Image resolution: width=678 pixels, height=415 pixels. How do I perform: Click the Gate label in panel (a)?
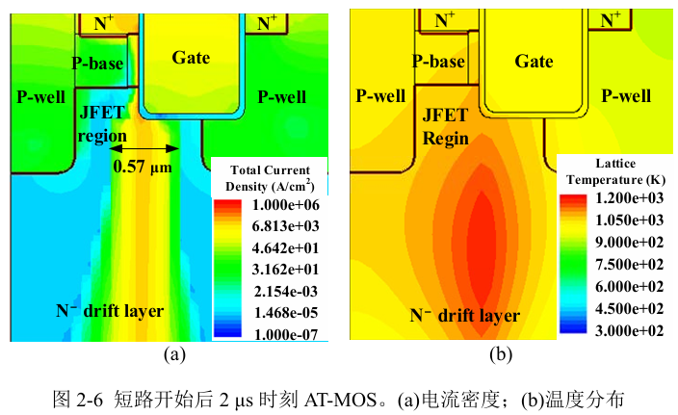tap(191, 58)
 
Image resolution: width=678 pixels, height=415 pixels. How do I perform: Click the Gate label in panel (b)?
tap(534, 61)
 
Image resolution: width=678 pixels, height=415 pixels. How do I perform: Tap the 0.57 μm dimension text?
tap(143, 167)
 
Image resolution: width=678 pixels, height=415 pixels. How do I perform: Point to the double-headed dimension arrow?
tap(144, 148)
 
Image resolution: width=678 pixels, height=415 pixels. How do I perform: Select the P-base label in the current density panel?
tap(97, 64)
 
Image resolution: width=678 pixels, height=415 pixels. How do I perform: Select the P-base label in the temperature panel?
tap(438, 61)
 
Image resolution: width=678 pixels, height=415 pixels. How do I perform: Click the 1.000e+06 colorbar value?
tap(286, 204)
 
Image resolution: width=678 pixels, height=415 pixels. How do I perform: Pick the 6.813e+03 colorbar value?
tap(286, 226)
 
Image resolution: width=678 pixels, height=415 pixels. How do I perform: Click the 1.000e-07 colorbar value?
tap(286, 334)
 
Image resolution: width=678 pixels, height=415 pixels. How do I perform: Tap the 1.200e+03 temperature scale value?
tap(629, 198)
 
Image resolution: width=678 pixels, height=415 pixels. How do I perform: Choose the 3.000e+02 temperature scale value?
tap(629, 330)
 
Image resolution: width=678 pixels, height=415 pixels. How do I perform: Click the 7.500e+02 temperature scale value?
tap(629, 264)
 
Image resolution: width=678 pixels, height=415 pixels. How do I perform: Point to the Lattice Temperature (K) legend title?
tap(615, 171)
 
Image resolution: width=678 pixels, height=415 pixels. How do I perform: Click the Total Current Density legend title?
tap(270, 178)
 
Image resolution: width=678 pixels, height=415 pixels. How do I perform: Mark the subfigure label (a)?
tap(174, 354)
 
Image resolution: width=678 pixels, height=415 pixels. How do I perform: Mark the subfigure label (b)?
tap(501, 354)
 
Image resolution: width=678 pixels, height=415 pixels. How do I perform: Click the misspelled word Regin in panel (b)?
tap(445, 139)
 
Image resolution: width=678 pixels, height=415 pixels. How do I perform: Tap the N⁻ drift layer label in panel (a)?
tap(110, 311)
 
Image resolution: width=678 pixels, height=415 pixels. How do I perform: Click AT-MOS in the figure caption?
tap(340, 400)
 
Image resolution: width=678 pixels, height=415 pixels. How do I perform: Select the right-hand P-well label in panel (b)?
tap(626, 95)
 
